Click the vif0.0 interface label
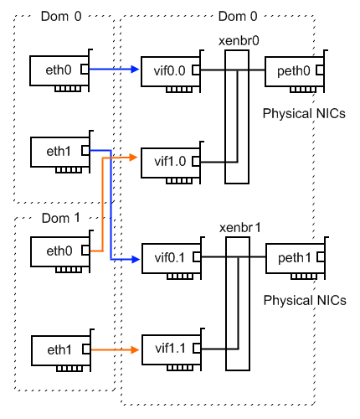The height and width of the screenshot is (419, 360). coord(169,71)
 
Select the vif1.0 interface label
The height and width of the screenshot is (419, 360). coord(170,162)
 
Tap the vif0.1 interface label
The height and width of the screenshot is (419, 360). coord(170,257)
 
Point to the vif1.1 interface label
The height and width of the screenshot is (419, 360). coord(170,349)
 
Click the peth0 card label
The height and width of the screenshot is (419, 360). coord(294,71)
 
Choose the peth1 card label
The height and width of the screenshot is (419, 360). coord(295,258)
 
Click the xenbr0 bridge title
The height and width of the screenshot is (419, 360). coord(239,41)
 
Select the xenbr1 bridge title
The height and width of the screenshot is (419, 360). coord(240,228)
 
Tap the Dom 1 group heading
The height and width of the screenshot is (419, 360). coord(61,218)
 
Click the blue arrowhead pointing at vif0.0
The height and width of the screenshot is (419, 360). coord(136,69)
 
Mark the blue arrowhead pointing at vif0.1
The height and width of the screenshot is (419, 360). coord(136,260)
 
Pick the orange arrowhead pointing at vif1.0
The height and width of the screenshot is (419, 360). coord(134,158)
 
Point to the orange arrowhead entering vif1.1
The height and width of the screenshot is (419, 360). coord(136,349)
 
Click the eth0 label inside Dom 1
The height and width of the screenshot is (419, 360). coord(59,251)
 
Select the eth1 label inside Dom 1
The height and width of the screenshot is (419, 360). coord(59,349)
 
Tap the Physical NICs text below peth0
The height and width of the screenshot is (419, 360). coord(304,113)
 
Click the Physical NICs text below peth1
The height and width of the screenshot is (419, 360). coord(305,300)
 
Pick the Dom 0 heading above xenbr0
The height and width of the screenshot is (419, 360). coord(238,16)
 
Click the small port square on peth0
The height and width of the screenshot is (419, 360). coord(320,70)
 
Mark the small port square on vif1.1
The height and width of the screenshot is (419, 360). coord(197,349)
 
